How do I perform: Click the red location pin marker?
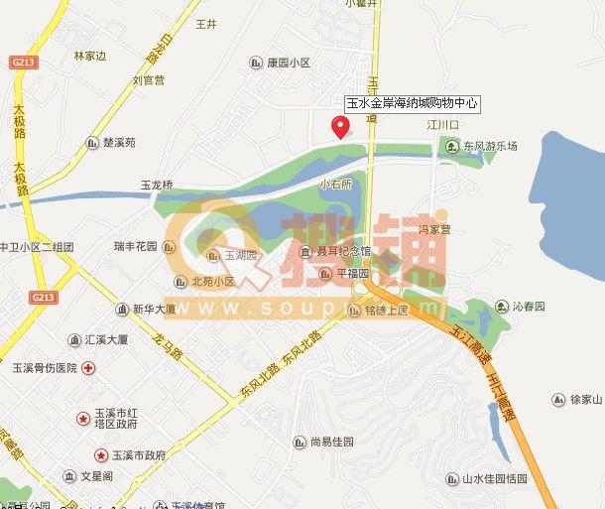(340, 127)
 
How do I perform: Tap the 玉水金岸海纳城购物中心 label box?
(412, 102)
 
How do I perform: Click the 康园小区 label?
(288, 63)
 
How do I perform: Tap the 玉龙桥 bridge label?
(157, 185)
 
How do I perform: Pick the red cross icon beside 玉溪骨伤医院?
(88, 367)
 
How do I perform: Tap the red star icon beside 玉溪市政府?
(101, 455)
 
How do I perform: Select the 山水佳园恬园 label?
(494, 478)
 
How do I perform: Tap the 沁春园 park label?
(530, 307)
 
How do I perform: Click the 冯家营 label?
(433, 229)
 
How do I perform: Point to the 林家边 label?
(89, 56)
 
